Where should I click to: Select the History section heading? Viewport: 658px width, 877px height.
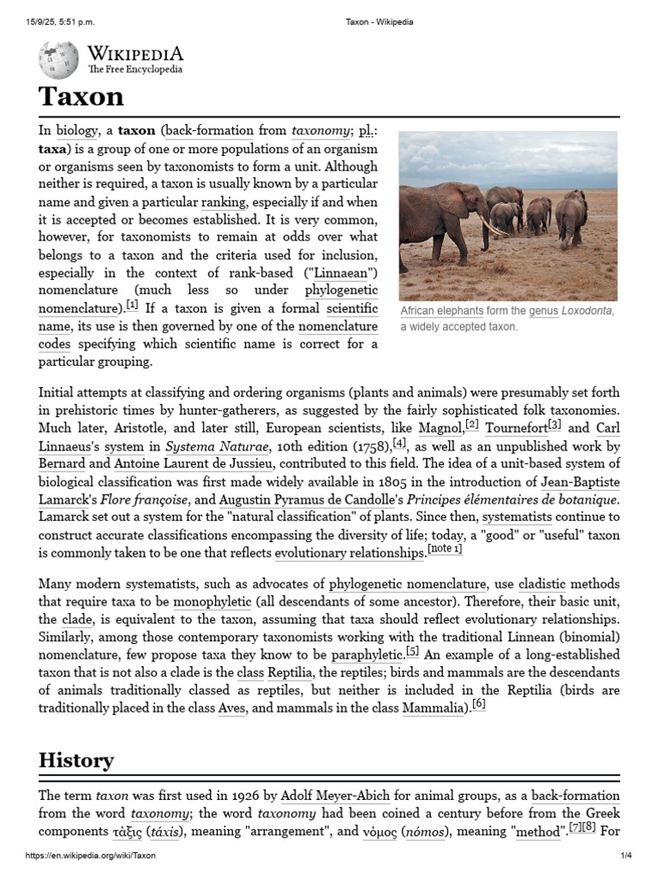pyautogui.click(x=76, y=760)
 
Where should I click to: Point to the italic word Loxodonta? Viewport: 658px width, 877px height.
pyautogui.click(x=588, y=311)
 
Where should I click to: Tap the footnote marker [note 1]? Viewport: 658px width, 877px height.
pyautogui.click(x=445, y=548)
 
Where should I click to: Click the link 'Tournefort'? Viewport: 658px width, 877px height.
pyautogui.click(x=511, y=427)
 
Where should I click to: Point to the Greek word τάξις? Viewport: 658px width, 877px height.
pyautogui.click(x=126, y=832)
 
